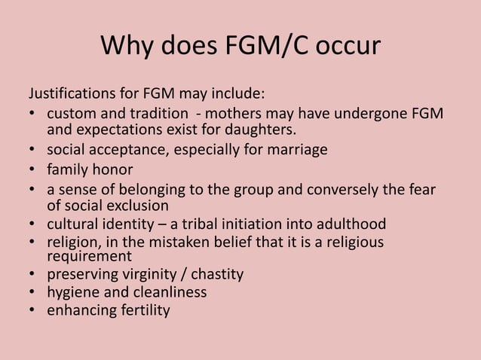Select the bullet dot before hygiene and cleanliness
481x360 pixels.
pos(33,293)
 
